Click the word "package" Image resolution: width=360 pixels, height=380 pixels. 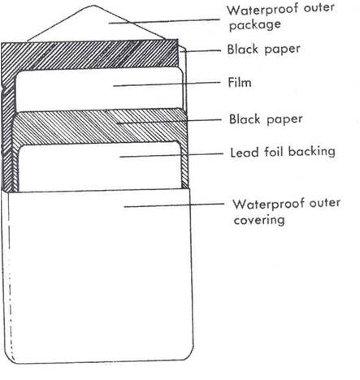coord(255,25)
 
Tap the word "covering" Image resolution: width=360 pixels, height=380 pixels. coord(259,220)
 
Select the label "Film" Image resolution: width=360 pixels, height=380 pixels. coord(240,83)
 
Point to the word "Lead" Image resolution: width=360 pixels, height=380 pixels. coord(245,152)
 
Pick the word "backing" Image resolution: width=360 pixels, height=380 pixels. coord(311,152)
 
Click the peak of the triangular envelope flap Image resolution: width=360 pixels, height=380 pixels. coord(93,6)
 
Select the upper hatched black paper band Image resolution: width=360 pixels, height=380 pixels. coord(90,54)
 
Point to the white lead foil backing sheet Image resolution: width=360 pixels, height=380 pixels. coord(100,167)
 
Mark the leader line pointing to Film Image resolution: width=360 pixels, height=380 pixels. coord(167,84)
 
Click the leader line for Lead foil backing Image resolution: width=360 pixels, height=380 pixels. coord(171,155)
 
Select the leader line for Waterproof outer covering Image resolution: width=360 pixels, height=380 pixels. coord(174,205)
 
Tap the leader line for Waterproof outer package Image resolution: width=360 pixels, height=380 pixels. coord(164,21)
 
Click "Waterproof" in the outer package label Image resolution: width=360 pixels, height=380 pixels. coord(262,10)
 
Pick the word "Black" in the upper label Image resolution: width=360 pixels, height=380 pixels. coord(242,50)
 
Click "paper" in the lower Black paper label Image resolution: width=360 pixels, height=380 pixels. coord(284,120)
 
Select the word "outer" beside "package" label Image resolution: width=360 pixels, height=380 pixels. coord(319,8)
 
